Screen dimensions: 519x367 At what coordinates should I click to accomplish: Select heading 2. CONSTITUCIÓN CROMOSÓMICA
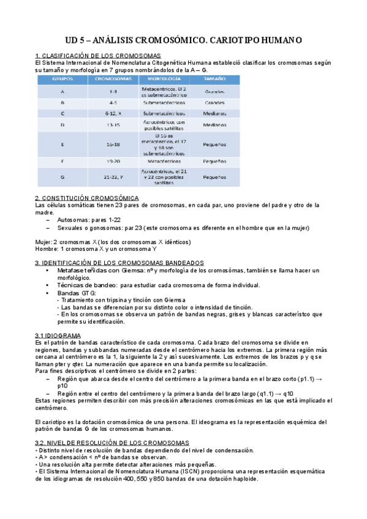[86, 198]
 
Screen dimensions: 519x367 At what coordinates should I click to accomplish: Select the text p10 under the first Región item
[62, 386]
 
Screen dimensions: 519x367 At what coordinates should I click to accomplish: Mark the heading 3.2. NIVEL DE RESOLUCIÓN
[112, 442]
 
